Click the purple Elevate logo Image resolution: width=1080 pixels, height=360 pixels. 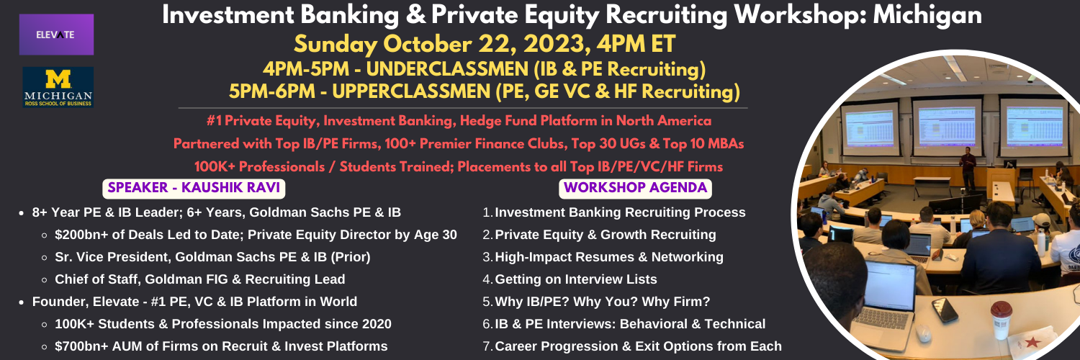[56, 35]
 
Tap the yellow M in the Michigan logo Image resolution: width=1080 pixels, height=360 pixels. [58, 79]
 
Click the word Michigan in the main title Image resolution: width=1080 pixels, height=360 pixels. [927, 15]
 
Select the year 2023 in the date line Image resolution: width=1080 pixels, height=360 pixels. [554, 45]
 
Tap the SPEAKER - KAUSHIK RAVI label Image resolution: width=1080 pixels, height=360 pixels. [194, 188]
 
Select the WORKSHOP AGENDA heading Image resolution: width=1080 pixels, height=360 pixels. [635, 188]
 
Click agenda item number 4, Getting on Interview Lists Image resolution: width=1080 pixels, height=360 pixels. [570, 279]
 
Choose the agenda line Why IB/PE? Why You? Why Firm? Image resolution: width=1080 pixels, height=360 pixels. [596, 302]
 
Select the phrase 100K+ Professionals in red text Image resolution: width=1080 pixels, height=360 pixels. [259, 167]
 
